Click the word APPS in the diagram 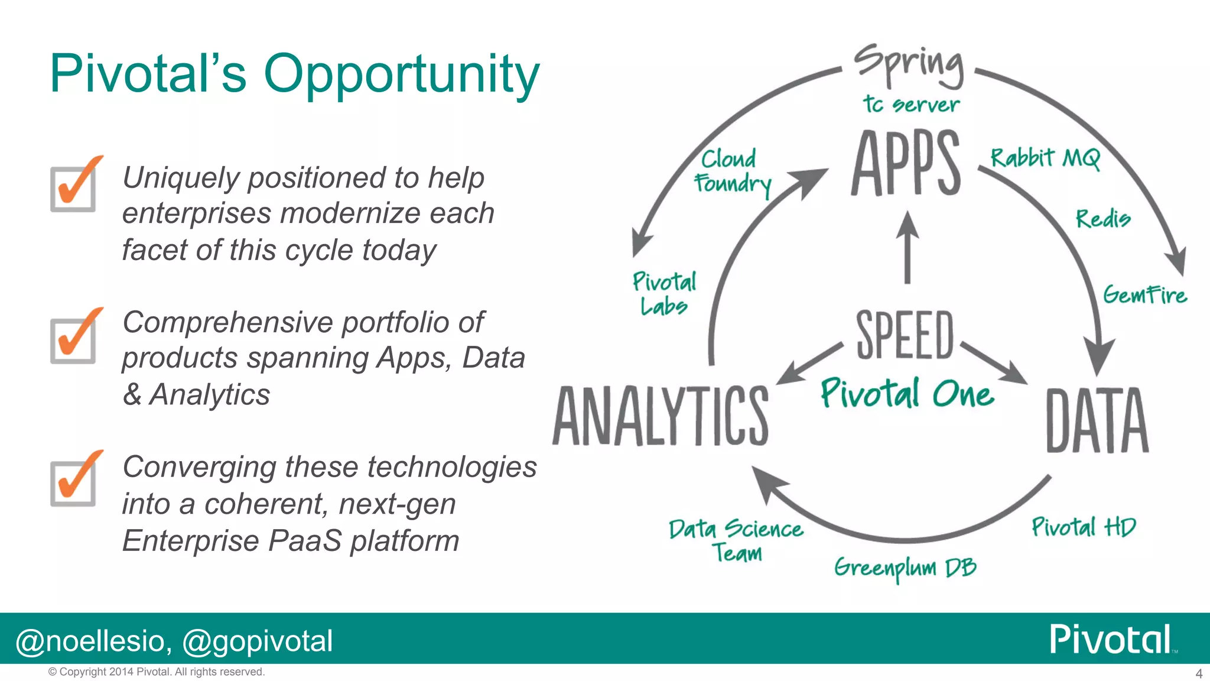pos(906,164)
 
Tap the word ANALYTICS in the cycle pos(661,416)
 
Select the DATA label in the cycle pos(1097,421)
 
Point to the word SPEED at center pos(905,335)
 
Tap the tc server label pos(910,105)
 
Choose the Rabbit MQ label pos(1045,158)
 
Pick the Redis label pos(1102,219)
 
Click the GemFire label pos(1144,294)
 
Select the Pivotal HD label pos(1083,527)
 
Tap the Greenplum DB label pos(905,568)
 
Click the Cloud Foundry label pos(731,171)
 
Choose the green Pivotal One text pos(906,394)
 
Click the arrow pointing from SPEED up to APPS pos(907,248)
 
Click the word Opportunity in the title pos(401,74)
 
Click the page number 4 pos(1199,673)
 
